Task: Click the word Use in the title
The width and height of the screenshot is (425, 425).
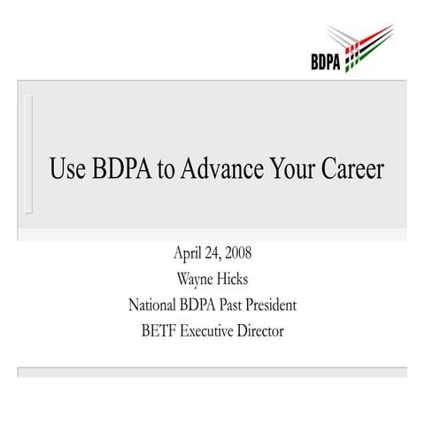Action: (68, 169)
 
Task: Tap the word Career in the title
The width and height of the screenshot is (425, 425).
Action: (354, 169)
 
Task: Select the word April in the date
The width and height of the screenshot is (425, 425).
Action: (189, 254)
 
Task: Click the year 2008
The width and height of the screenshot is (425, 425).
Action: (236, 254)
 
